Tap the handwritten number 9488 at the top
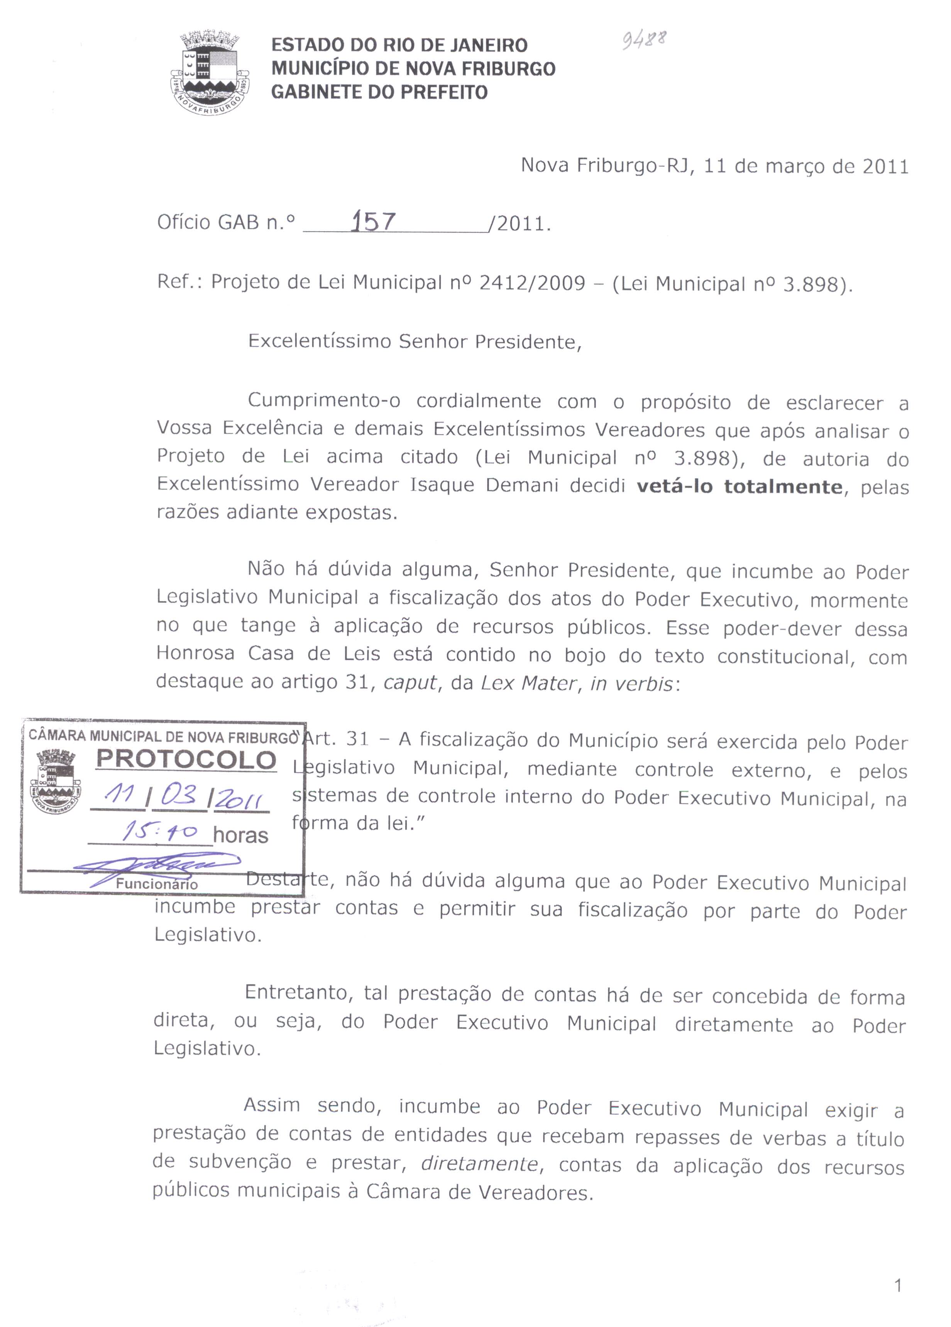click(644, 40)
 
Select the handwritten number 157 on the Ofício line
click(373, 222)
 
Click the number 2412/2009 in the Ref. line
click(532, 283)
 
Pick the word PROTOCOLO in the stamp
click(186, 759)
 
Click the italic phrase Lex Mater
click(528, 683)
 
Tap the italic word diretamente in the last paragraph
click(479, 1164)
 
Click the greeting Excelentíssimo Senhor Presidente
click(415, 341)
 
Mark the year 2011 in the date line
click(885, 167)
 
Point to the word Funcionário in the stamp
click(157, 884)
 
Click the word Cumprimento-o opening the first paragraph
click(324, 401)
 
